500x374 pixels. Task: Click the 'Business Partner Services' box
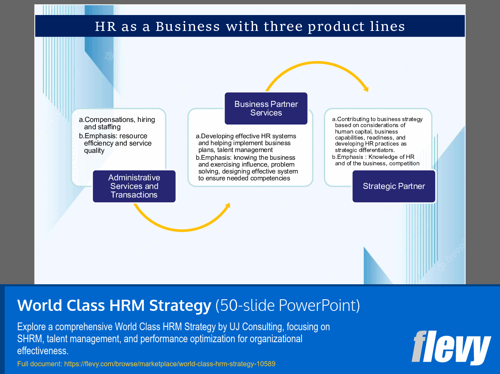click(x=266, y=108)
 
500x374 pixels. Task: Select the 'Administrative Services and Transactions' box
click(x=134, y=186)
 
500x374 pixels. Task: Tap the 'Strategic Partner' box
click(x=393, y=186)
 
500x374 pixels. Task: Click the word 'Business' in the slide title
click(x=187, y=27)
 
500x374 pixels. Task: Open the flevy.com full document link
click(x=169, y=364)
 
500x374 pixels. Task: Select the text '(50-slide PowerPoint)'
click(x=287, y=305)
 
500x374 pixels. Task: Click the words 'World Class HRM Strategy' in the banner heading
click(x=114, y=305)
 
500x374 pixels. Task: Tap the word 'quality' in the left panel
click(x=94, y=151)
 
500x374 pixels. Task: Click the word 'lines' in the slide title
click(x=390, y=27)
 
